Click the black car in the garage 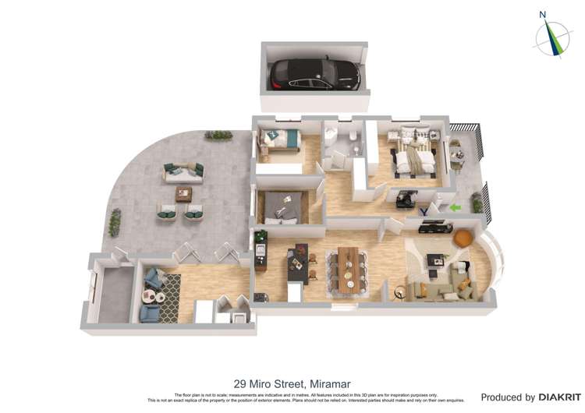[314, 75]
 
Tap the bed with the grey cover [283, 204]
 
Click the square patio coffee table [183, 194]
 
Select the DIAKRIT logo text [555, 397]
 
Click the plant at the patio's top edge [218, 136]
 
